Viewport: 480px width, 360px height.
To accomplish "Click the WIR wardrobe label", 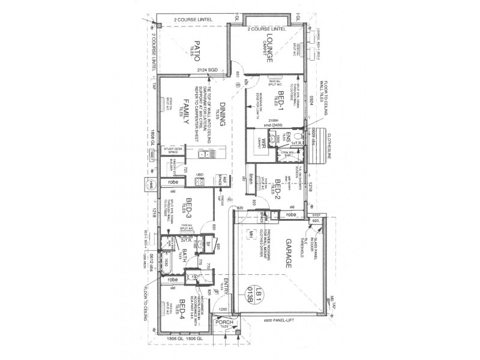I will (262, 143).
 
